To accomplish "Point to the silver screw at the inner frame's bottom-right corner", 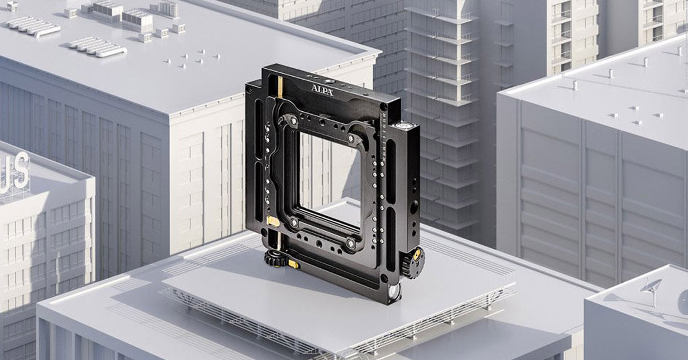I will [x=349, y=244].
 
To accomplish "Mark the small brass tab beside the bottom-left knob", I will [x=293, y=264].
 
